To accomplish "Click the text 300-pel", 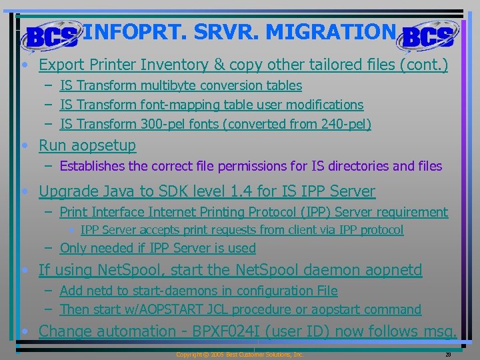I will (x=165, y=124).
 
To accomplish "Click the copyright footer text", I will (x=239, y=355).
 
